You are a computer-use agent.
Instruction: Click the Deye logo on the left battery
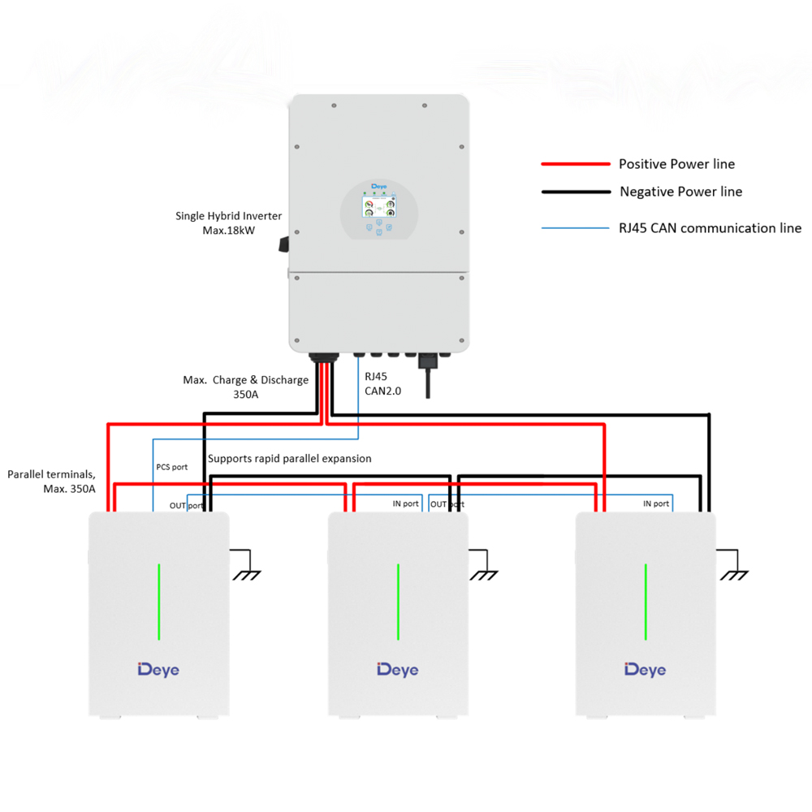coord(158,670)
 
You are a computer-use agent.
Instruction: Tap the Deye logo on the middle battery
coord(398,670)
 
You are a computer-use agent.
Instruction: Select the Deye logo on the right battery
coord(646,670)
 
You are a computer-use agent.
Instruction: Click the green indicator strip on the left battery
coord(159,602)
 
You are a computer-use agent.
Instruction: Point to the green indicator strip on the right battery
coord(646,602)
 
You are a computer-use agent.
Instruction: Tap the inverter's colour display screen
coord(379,207)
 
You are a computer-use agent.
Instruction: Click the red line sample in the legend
coord(576,164)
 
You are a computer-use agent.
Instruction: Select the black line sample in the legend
coord(576,192)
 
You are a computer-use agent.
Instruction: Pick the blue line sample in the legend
coord(576,228)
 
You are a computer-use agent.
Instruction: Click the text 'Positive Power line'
coord(677,164)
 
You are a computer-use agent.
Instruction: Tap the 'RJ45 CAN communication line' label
coord(710,228)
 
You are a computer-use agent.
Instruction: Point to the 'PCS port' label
coord(172,467)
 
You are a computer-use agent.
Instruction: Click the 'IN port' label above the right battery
coord(656,503)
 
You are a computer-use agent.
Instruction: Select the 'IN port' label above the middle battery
coord(405,503)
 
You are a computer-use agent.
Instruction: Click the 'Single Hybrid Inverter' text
coord(228,216)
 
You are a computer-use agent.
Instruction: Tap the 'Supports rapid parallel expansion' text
coord(290,459)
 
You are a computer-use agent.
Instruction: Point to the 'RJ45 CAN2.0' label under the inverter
coord(382,384)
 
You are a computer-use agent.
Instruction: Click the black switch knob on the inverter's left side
coord(283,244)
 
